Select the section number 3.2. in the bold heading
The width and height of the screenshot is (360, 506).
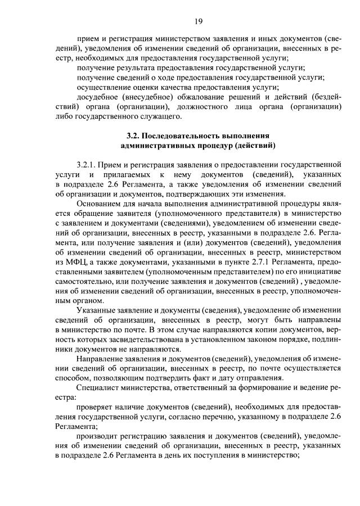(133, 135)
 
